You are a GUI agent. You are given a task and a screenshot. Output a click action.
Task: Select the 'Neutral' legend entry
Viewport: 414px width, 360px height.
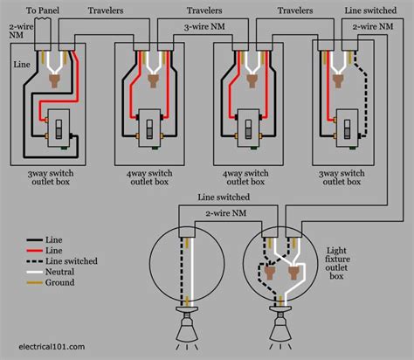click(65, 273)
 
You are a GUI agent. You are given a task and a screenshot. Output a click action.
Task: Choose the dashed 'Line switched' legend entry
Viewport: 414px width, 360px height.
click(73, 260)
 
